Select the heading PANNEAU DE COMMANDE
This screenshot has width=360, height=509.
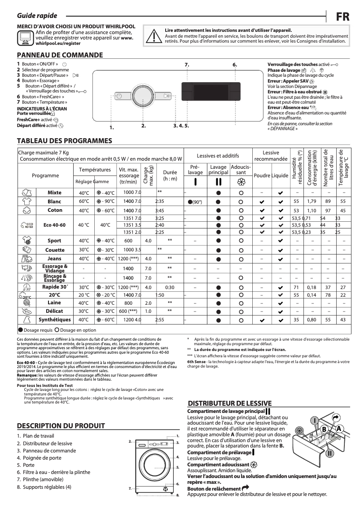[60, 55]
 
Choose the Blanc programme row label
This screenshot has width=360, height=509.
[54, 202]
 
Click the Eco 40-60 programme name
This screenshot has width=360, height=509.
[54, 224]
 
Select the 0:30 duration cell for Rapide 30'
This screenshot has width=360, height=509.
[170, 287]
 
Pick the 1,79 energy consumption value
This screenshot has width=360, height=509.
[312, 202]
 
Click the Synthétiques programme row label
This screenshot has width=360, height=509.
[54, 320]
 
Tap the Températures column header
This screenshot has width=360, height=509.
[95, 170]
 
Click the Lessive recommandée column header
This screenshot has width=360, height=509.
[271, 156]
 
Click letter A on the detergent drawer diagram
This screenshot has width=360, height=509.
[339, 428]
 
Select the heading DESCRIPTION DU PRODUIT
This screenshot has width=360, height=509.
[61, 426]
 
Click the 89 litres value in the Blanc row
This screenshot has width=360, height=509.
[328, 202]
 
